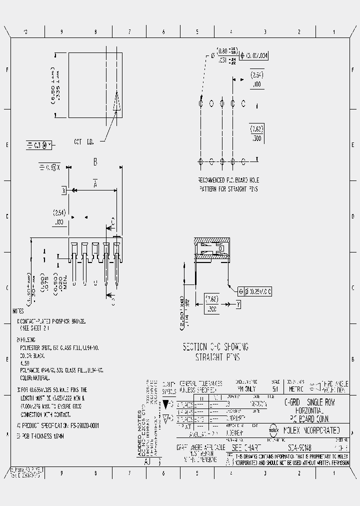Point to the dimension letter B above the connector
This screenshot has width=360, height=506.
(95, 162)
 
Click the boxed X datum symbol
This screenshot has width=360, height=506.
(64, 190)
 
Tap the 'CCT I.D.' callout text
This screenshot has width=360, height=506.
(84, 142)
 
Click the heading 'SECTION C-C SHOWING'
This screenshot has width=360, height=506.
(215, 347)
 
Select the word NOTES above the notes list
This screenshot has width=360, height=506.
(18, 310)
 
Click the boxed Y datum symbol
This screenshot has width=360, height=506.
(238, 303)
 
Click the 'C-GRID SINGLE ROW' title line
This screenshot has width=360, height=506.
(310, 402)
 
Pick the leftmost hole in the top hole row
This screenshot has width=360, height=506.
(200, 103)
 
